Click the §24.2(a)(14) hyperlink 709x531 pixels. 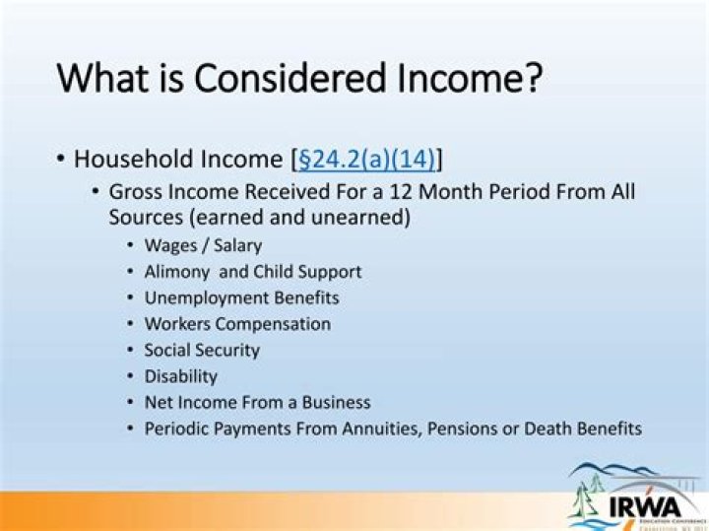pyautogui.click(x=365, y=159)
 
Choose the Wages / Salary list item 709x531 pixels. pyautogui.click(x=203, y=245)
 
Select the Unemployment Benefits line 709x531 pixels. pyautogui.click(x=241, y=298)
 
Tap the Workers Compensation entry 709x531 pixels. pyautogui.click(x=237, y=324)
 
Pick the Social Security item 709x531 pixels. pyautogui.click(x=202, y=350)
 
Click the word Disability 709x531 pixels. pyautogui.click(x=180, y=376)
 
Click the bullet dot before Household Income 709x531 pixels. pyautogui.click(x=61, y=159)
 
